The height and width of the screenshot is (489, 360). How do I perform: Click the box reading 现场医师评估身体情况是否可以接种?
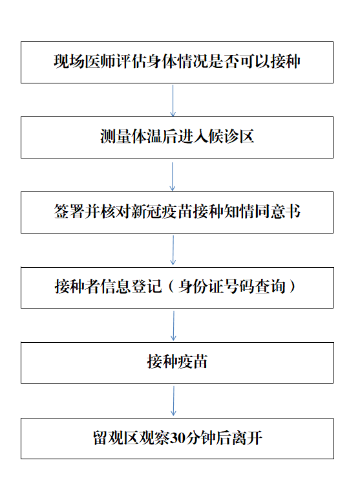tap(177, 62)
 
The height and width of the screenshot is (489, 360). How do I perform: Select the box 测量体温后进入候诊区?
tap(177, 137)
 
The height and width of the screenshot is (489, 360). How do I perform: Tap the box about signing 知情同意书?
tap(177, 212)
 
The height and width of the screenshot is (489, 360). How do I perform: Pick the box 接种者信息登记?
tap(177, 288)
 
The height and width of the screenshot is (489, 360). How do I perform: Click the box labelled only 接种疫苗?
tap(177, 363)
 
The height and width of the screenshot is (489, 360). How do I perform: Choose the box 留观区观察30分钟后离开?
tap(177, 438)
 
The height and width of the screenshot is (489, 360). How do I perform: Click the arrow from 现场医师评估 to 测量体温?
tap(173, 100)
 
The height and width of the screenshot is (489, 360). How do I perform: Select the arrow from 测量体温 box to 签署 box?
tap(173, 176)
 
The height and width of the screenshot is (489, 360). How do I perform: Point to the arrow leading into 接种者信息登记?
tap(173, 250)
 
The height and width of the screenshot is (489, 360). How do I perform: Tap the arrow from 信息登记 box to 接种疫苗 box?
tap(174, 325)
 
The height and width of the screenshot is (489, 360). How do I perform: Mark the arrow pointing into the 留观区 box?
tap(174, 401)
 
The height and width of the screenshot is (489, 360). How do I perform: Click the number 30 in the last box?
tap(178, 438)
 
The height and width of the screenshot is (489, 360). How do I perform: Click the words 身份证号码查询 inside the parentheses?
tap(232, 287)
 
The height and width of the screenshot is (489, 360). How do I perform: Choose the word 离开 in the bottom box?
tap(246, 438)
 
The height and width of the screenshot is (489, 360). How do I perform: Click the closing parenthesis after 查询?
tap(292, 287)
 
